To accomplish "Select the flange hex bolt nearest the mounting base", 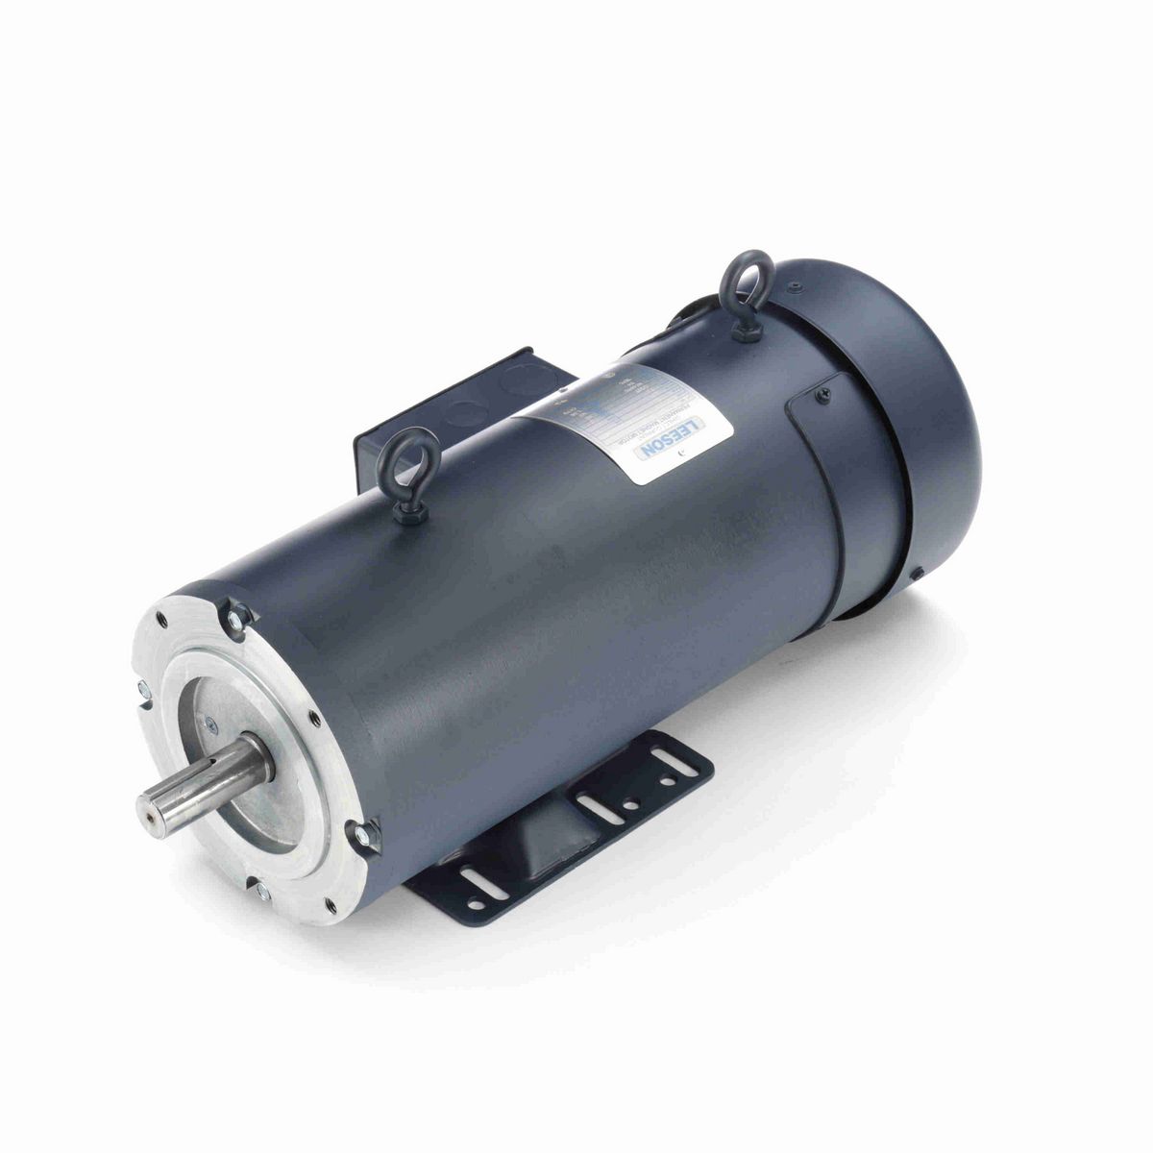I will [x=365, y=837].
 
